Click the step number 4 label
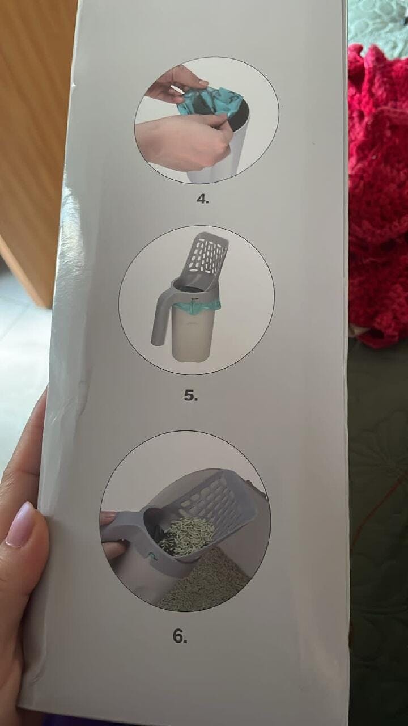click(x=203, y=199)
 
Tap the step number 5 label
click(x=190, y=395)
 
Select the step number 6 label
click(x=180, y=636)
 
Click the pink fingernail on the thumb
click(x=20, y=525)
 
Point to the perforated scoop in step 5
click(x=207, y=259)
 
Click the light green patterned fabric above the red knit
click(x=378, y=26)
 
